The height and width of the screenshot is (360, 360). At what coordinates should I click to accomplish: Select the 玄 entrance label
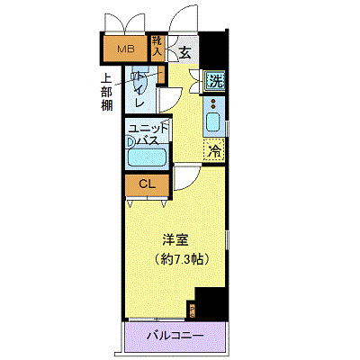pyautogui.click(x=184, y=53)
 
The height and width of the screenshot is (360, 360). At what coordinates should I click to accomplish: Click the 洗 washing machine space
pyautogui.click(x=214, y=82)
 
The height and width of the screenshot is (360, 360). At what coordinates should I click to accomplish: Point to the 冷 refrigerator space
pyautogui.click(x=214, y=151)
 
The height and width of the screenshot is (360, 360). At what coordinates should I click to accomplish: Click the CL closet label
pyautogui.click(x=144, y=184)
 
